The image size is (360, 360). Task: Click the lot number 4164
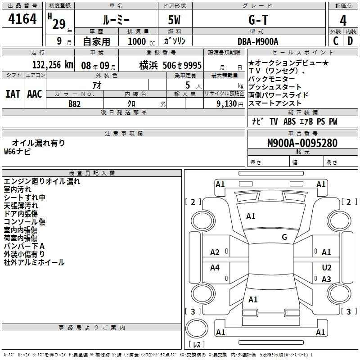(x=22, y=19)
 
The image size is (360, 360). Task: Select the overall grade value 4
(x=343, y=21)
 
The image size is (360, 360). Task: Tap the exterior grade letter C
(x=336, y=41)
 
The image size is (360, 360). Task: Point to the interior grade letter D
(x=350, y=41)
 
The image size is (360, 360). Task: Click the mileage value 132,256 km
(x=53, y=65)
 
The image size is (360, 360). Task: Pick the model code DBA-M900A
(x=258, y=41)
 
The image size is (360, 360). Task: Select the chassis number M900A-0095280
(x=302, y=143)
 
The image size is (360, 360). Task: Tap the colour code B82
(x=75, y=104)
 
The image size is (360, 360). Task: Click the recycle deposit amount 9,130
(x=227, y=103)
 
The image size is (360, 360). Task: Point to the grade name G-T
(x=258, y=20)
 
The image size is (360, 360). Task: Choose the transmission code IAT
(x=13, y=94)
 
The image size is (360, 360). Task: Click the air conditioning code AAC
(x=35, y=94)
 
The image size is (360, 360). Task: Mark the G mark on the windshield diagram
(x=284, y=237)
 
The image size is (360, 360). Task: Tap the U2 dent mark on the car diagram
(x=327, y=267)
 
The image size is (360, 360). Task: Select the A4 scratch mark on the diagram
(x=215, y=267)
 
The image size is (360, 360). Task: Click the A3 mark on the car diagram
(x=326, y=279)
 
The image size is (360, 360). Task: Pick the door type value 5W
(x=174, y=20)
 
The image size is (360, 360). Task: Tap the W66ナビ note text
(x=17, y=152)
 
